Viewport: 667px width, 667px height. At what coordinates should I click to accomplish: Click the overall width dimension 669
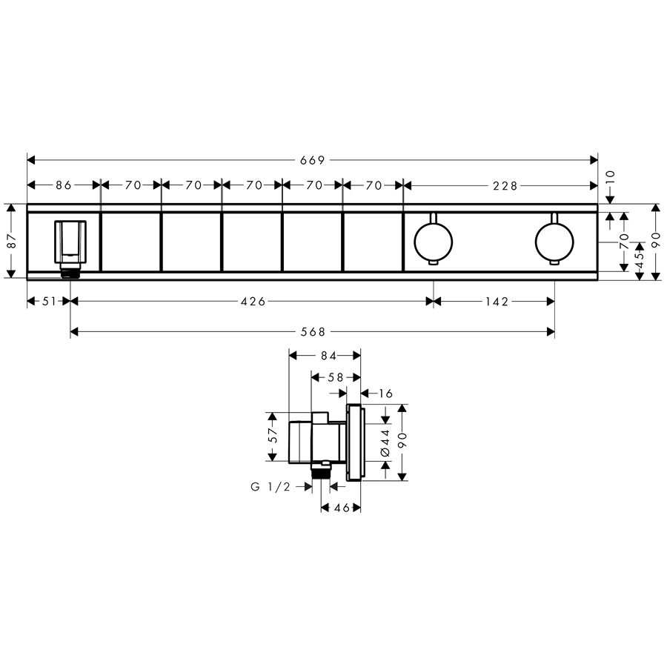pos(313,160)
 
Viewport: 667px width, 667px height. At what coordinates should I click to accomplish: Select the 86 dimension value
pos(64,185)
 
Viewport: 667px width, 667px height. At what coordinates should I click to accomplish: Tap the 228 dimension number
pos(505,185)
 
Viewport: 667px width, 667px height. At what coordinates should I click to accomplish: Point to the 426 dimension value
pos(253,302)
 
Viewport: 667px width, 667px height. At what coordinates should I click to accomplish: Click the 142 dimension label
pos(497,302)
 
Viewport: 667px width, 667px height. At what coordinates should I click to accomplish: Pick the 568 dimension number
pos(313,332)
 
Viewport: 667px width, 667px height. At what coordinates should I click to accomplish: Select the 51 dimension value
pos(50,302)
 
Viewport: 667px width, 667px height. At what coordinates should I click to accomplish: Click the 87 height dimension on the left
pos(12,241)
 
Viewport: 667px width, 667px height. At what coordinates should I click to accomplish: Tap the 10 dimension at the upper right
pos(611,177)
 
